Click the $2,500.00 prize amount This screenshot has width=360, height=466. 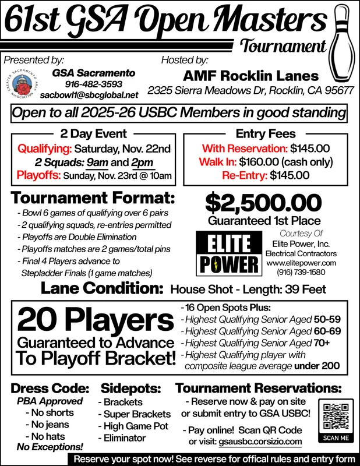click(x=264, y=204)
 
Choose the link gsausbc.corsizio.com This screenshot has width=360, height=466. click(x=260, y=442)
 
